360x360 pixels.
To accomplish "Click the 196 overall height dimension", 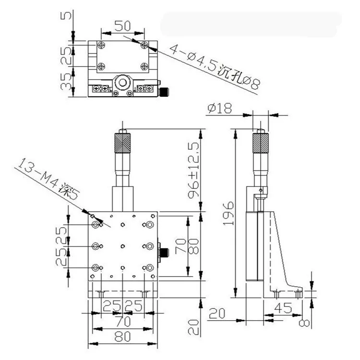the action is point(228,213).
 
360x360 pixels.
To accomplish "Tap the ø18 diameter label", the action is point(219,108).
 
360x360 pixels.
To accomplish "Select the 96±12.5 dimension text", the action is point(193,170).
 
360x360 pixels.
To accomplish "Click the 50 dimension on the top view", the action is point(122,26).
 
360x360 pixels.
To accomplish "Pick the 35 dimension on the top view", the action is point(66,81).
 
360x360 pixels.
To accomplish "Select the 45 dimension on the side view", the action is point(283,308).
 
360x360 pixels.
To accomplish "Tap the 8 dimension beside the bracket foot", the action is point(304,323).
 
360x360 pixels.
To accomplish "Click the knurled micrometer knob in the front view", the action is point(122,143).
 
